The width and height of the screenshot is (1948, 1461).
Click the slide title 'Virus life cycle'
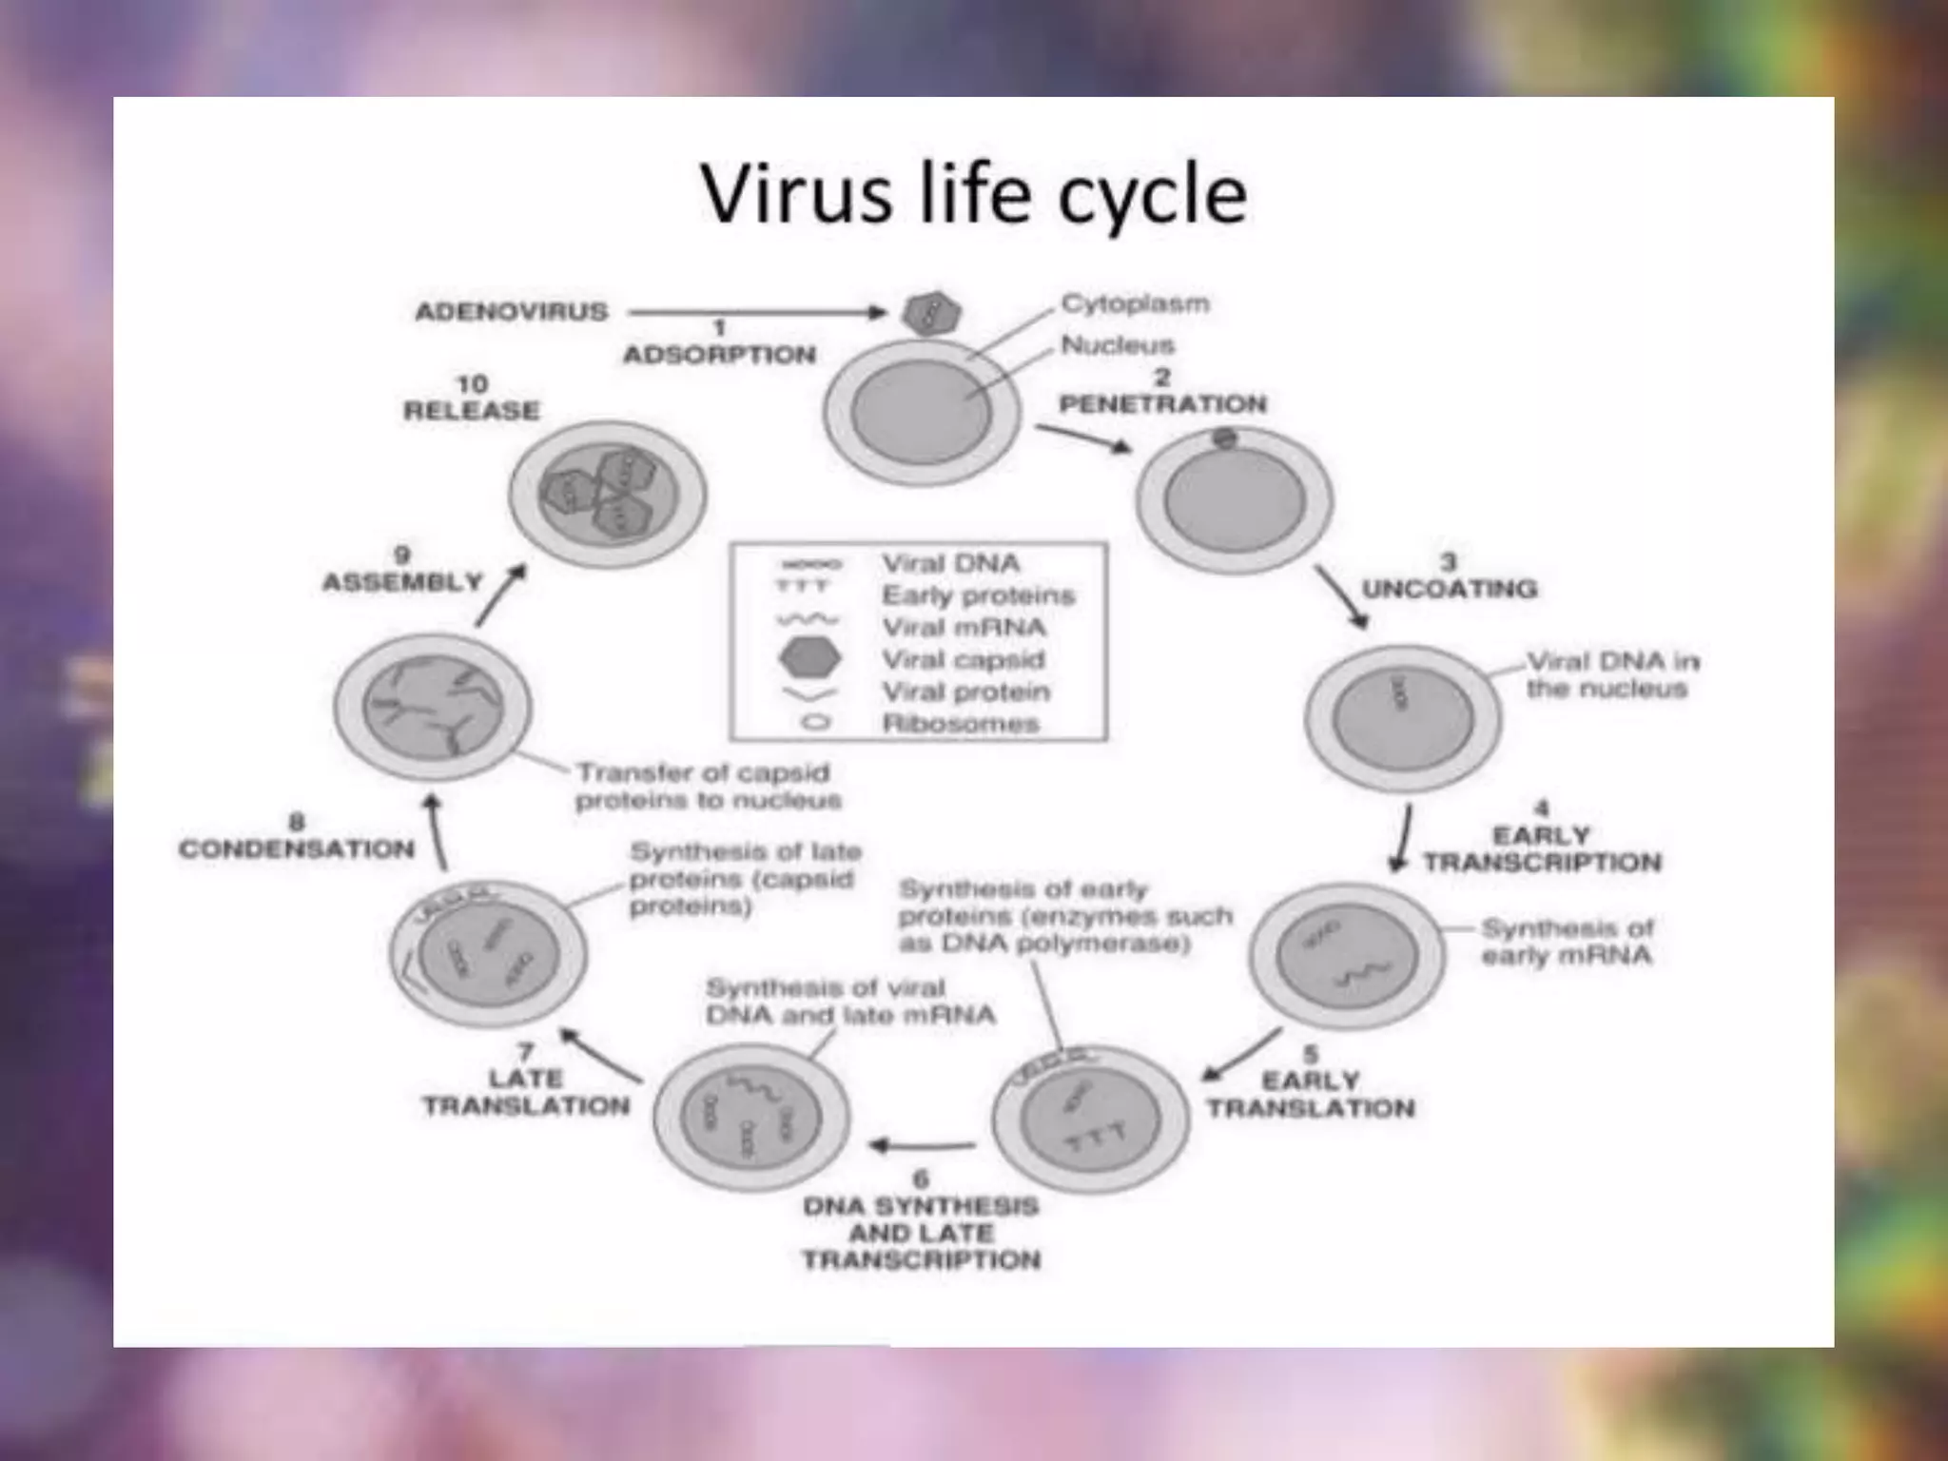click(x=973, y=195)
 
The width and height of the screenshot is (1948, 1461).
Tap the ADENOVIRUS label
click(x=512, y=312)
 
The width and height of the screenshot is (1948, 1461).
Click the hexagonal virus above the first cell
click(x=931, y=313)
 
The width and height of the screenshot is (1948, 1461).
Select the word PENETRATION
click(x=1162, y=404)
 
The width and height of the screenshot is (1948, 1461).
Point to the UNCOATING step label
click(x=1449, y=589)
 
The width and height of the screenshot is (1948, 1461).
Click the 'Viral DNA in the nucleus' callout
click(x=1612, y=674)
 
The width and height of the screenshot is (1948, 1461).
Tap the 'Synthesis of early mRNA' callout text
click(x=1566, y=942)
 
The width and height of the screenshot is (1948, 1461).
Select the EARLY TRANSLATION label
click(x=1311, y=1095)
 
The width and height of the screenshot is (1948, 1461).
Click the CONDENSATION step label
click(x=297, y=848)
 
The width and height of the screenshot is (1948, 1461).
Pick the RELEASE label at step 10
click(x=472, y=411)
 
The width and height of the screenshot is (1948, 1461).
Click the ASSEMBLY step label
click(x=403, y=582)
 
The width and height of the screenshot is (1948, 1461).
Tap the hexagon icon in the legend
click(x=809, y=657)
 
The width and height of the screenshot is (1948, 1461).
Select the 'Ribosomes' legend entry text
click(x=961, y=724)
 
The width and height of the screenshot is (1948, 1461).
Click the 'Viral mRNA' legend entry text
click(x=964, y=628)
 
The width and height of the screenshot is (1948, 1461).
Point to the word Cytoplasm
click(x=1135, y=304)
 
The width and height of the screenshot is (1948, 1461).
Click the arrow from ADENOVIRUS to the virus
click(x=756, y=312)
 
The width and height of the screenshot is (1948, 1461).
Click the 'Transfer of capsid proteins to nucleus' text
click(x=709, y=787)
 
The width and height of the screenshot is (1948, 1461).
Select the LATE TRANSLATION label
click(x=526, y=1092)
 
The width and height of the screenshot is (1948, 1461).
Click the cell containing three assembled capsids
click(x=608, y=495)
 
